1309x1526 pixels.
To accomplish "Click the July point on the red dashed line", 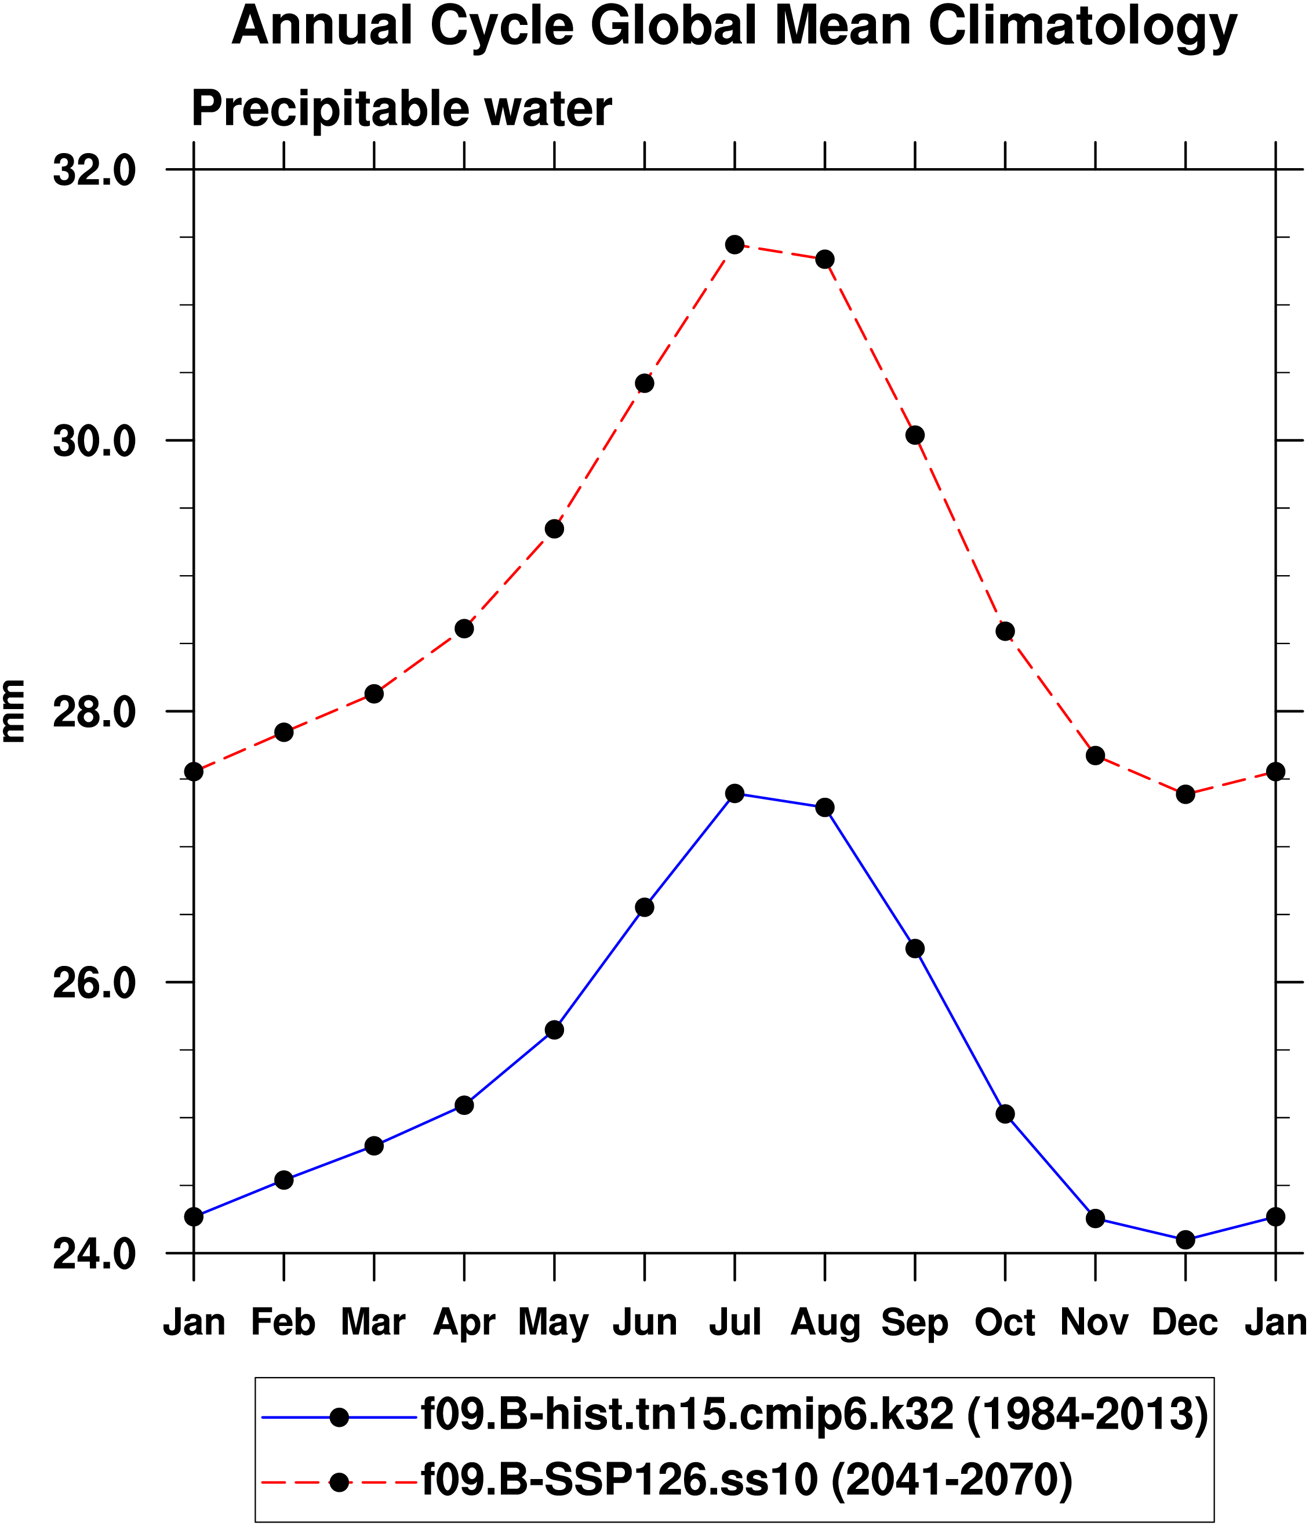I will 734,245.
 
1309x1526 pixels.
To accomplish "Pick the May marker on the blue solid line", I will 554,1030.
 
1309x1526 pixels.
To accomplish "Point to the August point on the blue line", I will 824,807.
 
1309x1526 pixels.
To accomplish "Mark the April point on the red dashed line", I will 464,629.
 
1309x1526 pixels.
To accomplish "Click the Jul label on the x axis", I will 734,1322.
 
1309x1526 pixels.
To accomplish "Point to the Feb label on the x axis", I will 283,1322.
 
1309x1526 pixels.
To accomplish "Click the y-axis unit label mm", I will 14,711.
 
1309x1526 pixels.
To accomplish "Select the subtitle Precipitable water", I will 401,109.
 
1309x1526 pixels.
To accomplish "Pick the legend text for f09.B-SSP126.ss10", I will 746,1477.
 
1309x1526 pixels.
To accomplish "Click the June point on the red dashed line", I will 644,384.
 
